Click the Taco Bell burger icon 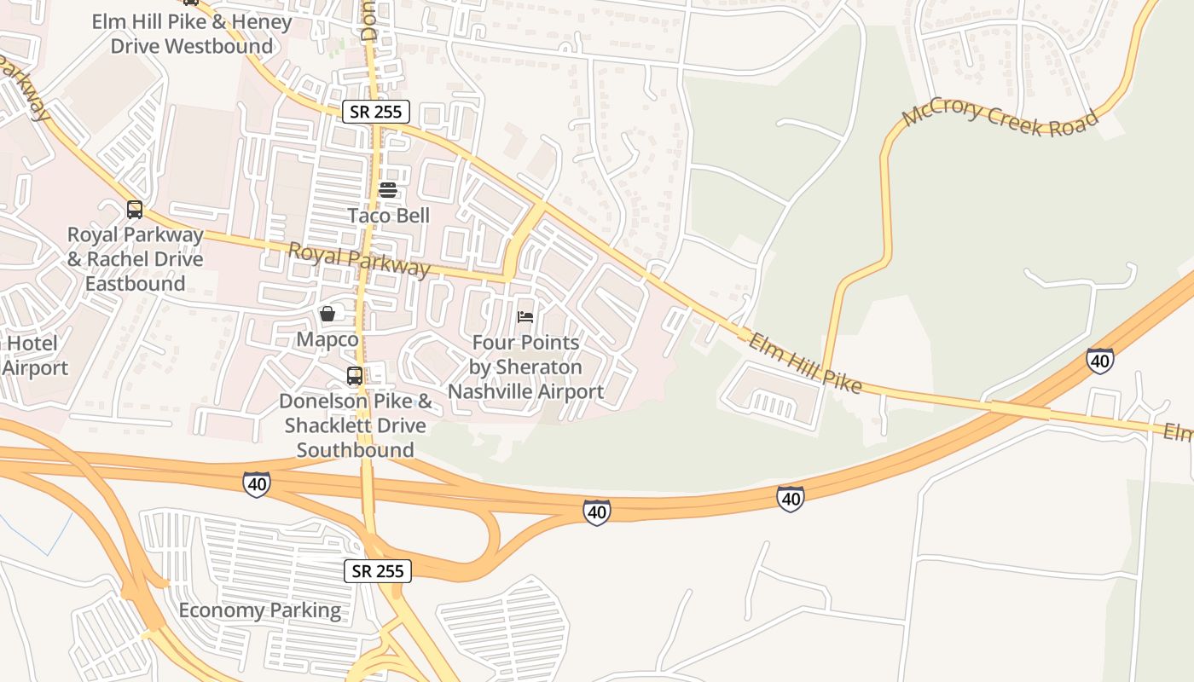point(388,190)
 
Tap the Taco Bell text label point(388,215)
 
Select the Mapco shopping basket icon point(327,315)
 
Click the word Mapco point(327,339)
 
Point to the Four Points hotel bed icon point(525,317)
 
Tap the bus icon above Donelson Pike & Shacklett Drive point(355,375)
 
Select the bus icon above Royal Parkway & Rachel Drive point(135,210)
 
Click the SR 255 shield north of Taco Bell point(377,112)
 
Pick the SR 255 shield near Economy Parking point(378,571)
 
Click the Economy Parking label point(259,610)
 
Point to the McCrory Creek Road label point(1000,118)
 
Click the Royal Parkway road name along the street point(359,259)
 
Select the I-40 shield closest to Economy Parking point(257,484)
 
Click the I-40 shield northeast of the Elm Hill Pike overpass point(1100,361)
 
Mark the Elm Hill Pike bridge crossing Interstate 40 point(1020,411)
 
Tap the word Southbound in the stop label point(355,449)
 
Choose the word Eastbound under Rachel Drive point(135,283)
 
